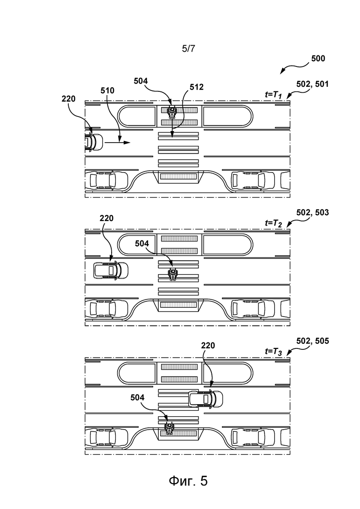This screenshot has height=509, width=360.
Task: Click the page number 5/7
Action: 189,49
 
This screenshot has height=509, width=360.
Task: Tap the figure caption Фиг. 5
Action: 188,481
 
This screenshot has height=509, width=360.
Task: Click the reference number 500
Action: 318,59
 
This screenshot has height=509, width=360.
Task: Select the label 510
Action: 108,90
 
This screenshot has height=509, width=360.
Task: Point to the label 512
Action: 197,87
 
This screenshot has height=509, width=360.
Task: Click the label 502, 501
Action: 312,84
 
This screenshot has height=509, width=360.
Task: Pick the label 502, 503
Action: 312,213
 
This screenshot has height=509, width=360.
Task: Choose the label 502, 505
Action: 312,341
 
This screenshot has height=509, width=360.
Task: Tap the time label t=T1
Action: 273,95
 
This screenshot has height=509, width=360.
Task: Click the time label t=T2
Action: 273,223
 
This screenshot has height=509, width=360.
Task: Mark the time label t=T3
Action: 273,351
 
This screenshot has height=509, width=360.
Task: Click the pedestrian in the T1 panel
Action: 172,112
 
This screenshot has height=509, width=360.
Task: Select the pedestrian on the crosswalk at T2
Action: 172,274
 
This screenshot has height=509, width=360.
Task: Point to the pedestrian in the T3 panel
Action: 169,429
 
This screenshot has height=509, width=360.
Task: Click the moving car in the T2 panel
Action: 111,270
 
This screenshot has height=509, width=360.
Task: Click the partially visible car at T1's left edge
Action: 94,142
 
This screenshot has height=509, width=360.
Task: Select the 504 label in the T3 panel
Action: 138,398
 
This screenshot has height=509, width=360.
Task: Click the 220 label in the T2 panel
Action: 107,218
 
